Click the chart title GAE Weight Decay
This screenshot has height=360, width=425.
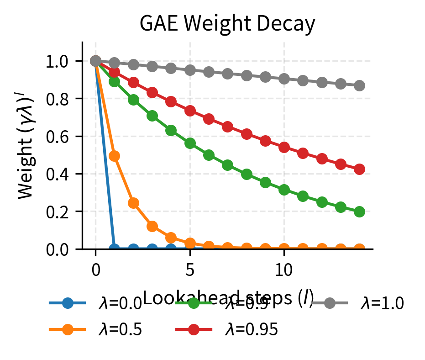click(x=227, y=24)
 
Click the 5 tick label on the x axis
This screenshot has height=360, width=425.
click(x=190, y=269)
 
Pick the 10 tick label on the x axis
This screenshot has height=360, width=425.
click(x=284, y=269)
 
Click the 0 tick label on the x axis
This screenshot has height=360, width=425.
click(x=95, y=269)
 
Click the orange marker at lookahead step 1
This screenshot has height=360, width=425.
click(x=115, y=156)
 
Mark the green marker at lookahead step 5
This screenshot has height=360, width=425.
click(x=190, y=143)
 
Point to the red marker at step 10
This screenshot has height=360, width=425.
click(x=284, y=147)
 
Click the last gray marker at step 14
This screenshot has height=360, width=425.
click(x=359, y=85)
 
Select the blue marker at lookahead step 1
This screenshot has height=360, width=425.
click(x=115, y=249)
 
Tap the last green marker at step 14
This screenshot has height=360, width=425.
click(x=359, y=212)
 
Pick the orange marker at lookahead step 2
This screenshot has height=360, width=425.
click(x=133, y=203)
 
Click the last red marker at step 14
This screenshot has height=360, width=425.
click(x=359, y=169)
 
